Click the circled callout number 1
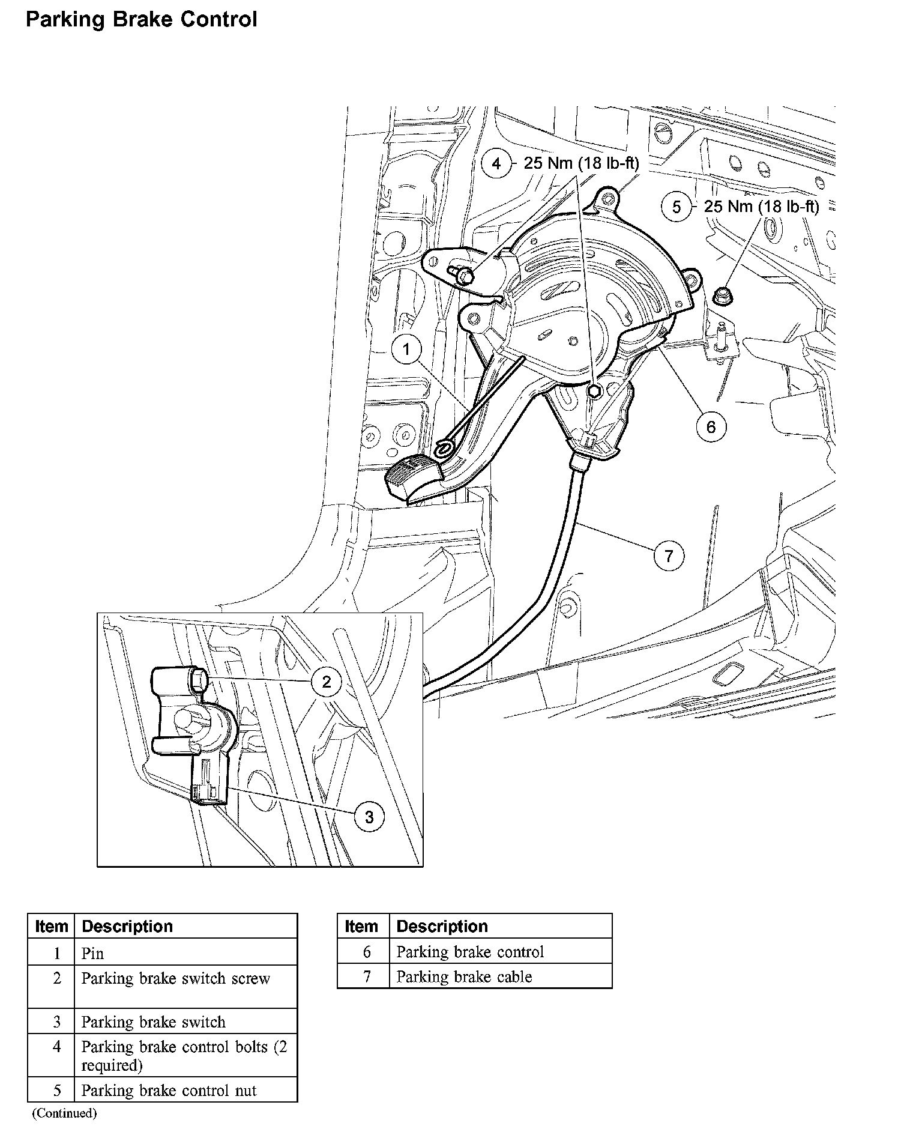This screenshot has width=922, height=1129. tap(406, 349)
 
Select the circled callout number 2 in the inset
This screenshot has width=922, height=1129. tap(327, 681)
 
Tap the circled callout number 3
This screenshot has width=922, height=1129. tap(369, 816)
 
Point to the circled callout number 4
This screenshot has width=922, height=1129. tap(496, 163)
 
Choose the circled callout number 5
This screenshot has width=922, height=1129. tap(676, 207)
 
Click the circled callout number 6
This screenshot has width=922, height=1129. tap(711, 426)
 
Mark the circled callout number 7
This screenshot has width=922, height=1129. tap(669, 555)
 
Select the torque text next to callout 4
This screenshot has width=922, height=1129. tap(582, 163)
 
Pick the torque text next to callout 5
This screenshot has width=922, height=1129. tap(761, 207)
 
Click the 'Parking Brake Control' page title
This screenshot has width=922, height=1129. tap(142, 20)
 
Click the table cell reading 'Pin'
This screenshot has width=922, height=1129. tap(92, 953)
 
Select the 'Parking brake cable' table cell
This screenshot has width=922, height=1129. tap(464, 976)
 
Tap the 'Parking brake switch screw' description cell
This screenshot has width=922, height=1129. tap(175, 978)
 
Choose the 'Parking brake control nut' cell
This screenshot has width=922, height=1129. tap(169, 1090)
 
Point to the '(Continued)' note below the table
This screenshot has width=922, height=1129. tap(64, 1113)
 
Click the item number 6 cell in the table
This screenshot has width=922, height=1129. tap(366, 952)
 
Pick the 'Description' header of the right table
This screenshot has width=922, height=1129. tap(442, 926)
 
